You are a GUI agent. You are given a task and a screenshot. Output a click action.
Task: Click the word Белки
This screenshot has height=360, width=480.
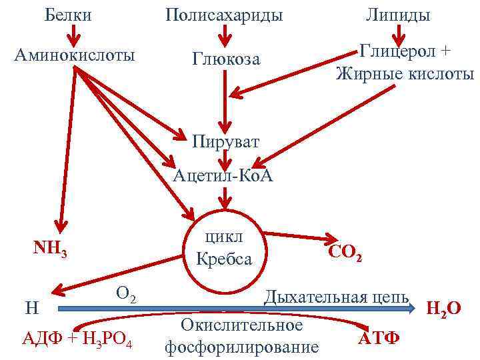[69, 15]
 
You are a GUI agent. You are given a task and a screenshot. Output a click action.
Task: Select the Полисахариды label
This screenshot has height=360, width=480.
[224, 15]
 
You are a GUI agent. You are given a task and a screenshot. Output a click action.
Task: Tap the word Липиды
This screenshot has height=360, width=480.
[398, 15]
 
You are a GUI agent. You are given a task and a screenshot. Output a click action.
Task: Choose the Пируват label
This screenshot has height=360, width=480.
[225, 141]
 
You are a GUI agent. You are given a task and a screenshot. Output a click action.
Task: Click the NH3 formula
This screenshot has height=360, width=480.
[49, 249]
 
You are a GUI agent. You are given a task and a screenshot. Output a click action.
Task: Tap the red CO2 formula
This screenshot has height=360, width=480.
[345, 252]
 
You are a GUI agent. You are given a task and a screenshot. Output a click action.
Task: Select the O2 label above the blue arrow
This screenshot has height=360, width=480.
[126, 293]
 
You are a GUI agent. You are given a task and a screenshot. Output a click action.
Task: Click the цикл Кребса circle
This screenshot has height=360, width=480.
[224, 248]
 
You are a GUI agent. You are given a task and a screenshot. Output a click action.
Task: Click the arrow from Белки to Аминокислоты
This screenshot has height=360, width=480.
[69, 33]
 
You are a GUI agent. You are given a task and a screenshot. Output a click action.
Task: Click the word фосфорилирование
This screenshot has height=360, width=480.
[241, 347]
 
